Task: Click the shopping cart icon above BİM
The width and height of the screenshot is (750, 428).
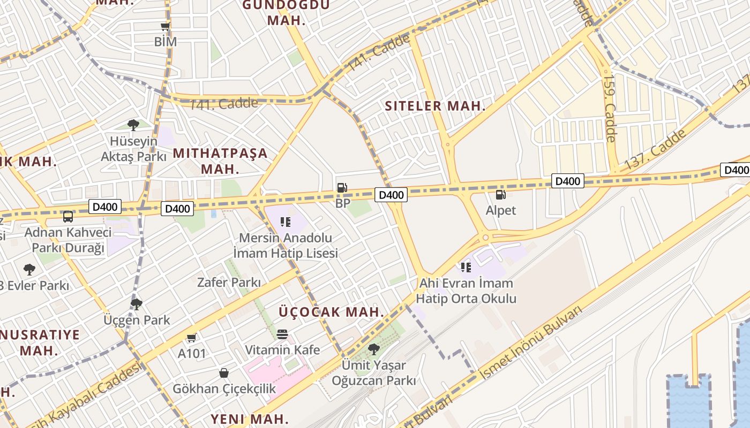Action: coord(165,26)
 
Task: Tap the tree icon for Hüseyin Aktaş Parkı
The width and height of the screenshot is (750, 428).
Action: coord(133,125)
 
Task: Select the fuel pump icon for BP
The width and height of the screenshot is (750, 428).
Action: coord(342,188)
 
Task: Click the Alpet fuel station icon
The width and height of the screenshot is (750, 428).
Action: coord(500,195)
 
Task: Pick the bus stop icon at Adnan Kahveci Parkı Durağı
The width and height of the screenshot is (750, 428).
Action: coord(68,217)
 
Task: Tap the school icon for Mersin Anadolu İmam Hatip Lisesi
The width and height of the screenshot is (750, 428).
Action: coord(286,222)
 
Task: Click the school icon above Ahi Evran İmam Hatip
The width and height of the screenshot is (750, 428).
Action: coord(466,267)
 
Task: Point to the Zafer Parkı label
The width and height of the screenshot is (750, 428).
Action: coord(229,282)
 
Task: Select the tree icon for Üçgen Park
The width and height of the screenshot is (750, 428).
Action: coord(137,304)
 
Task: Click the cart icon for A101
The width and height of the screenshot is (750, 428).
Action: coord(192,338)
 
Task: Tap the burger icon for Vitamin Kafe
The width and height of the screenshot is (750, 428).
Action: coord(282,334)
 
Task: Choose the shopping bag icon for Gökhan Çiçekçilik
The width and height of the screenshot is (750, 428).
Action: coord(224,373)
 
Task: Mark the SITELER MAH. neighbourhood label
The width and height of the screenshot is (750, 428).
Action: coord(435,106)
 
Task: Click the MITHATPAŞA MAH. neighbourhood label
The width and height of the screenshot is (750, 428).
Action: coord(220,161)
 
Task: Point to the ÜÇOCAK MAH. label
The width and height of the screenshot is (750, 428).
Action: coord(332,312)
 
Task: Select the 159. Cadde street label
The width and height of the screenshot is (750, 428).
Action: coord(610,108)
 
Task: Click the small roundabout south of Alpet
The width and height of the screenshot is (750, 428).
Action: coord(485,237)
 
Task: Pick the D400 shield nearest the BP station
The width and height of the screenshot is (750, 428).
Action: coord(391,195)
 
